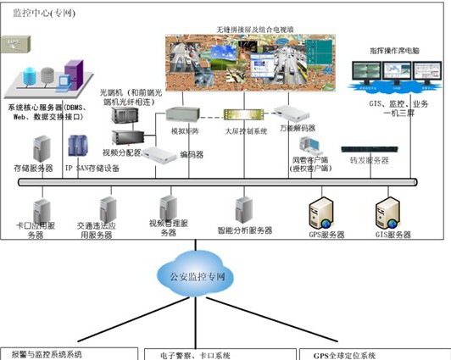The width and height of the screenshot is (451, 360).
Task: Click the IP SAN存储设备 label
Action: (x=92, y=168)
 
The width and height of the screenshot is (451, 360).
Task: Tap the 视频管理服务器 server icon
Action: (x=169, y=206)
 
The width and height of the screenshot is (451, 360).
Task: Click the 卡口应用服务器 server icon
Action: (x=41, y=208)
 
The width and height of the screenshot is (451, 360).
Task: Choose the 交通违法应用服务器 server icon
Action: (x=108, y=208)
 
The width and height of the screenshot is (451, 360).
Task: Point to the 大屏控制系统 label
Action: (x=246, y=132)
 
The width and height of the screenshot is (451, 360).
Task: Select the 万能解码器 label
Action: (x=298, y=128)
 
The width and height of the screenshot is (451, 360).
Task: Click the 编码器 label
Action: (x=192, y=155)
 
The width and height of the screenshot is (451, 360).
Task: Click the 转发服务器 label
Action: (x=369, y=159)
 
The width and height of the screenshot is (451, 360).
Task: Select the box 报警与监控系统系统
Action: (x=68, y=354)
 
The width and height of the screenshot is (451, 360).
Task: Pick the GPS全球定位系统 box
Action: (x=373, y=354)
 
